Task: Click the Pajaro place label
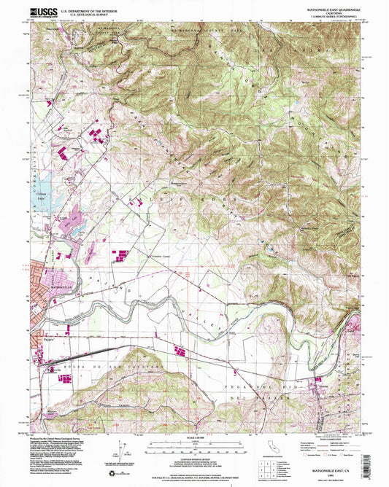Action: tap(43, 339)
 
